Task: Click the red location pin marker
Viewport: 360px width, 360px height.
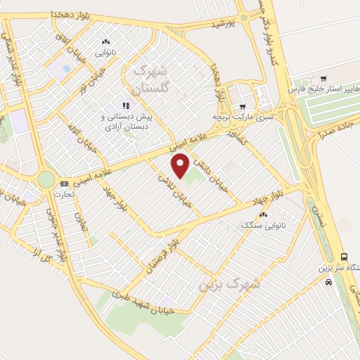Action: (181, 167)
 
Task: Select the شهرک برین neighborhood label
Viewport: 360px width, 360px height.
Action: (229, 283)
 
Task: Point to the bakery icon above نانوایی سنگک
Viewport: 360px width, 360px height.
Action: (264, 215)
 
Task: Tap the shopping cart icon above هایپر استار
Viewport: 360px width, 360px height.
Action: (323, 78)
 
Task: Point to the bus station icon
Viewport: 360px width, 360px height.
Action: (343, 257)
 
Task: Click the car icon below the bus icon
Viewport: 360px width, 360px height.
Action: (329, 281)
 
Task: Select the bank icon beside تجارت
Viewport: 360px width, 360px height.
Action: (65, 183)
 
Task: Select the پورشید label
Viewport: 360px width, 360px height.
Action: (221, 24)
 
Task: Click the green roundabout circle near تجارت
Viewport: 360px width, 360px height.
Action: (46, 180)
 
